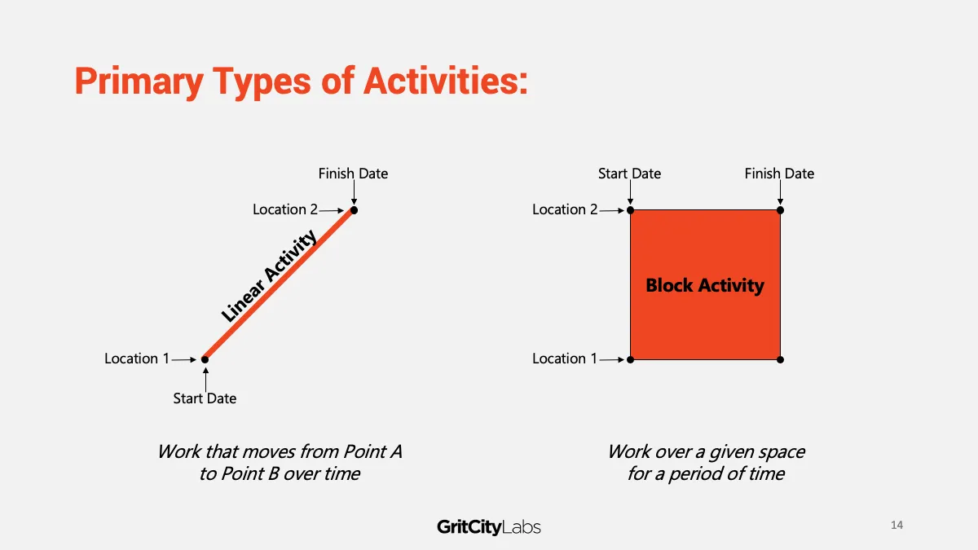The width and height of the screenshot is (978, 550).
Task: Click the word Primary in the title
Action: tap(139, 82)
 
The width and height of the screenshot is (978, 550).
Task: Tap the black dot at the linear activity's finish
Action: tap(354, 210)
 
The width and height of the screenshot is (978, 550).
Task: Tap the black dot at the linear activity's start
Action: tap(205, 359)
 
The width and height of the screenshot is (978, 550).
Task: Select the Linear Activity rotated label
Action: tap(268, 276)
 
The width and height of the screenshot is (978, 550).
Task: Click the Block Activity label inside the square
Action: tap(705, 285)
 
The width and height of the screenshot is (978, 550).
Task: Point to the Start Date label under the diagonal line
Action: tap(205, 398)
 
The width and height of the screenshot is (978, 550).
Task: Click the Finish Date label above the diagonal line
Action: tap(353, 174)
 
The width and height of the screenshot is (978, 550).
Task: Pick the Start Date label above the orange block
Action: tap(629, 174)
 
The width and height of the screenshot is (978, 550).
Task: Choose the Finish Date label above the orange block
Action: tap(779, 174)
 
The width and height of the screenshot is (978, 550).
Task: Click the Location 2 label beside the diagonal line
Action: tap(285, 209)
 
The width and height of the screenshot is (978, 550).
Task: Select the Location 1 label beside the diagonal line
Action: tap(137, 359)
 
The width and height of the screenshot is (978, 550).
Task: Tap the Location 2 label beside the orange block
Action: tap(565, 209)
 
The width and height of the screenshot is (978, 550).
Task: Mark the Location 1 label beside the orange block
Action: tap(565, 359)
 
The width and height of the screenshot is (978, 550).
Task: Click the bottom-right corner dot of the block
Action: tap(780, 359)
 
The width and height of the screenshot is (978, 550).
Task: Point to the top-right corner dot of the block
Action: tap(780, 210)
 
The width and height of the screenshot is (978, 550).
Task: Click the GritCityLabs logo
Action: tap(488, 527)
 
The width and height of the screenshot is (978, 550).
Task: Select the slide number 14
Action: tap(896, 525)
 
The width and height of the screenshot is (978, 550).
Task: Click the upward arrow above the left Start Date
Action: tap(205, 380)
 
